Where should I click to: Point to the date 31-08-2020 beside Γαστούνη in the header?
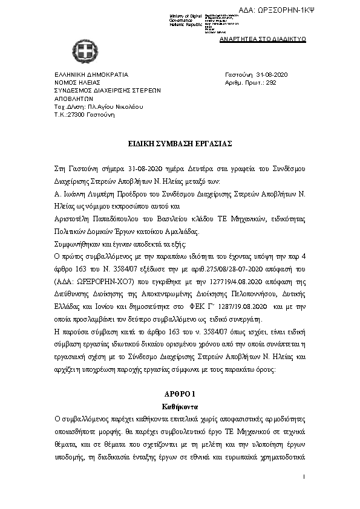[272, 74]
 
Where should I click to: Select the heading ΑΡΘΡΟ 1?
[178, 394]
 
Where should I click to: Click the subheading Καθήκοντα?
[178, 406]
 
